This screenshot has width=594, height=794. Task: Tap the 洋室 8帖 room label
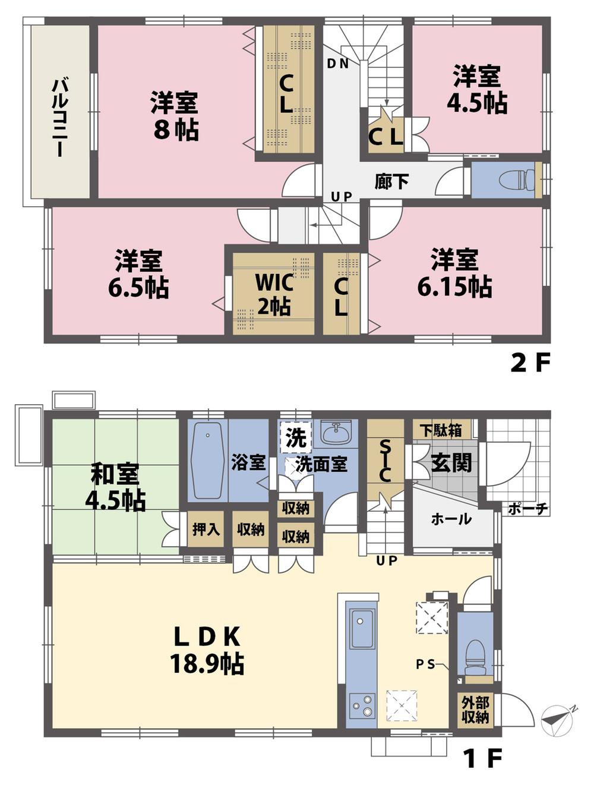[175, 116]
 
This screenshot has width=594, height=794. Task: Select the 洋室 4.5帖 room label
[477, 90]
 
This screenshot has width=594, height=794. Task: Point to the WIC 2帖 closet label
[274, 294]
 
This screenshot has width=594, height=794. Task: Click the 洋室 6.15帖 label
[454, 274]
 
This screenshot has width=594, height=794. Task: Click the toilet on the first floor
[475, 656]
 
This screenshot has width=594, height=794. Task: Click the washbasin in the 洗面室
[336, 431]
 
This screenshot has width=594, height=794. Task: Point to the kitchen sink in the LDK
[361, 629]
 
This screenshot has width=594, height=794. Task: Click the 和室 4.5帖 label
[115, 488]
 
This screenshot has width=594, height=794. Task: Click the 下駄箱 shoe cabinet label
[440, 430]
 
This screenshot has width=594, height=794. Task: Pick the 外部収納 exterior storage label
[475, 710]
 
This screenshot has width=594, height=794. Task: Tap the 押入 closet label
[206, 529]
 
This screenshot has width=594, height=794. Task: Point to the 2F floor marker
[530, 363]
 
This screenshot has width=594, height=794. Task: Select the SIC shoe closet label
[384, 461]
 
